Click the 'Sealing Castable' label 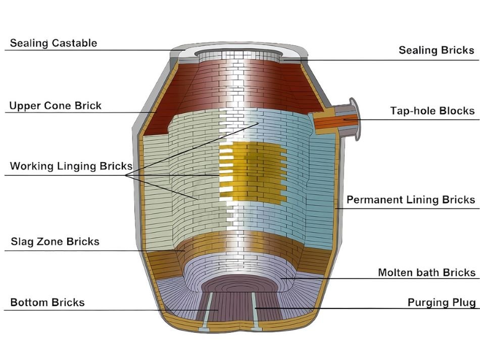tap(53, 43)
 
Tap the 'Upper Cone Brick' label tap(56, 106)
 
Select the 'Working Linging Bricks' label tap(71, 166)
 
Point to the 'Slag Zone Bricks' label tap(55, 242)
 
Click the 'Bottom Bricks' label tap(47, 303)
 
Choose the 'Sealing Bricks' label tap(436, 50)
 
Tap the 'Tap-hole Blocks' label tap(432, 111)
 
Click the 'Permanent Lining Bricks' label tap(410, 200)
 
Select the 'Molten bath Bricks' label tap(426, 273)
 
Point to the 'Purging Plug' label tap(441, 302)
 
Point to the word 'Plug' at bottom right tap(464, 302)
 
